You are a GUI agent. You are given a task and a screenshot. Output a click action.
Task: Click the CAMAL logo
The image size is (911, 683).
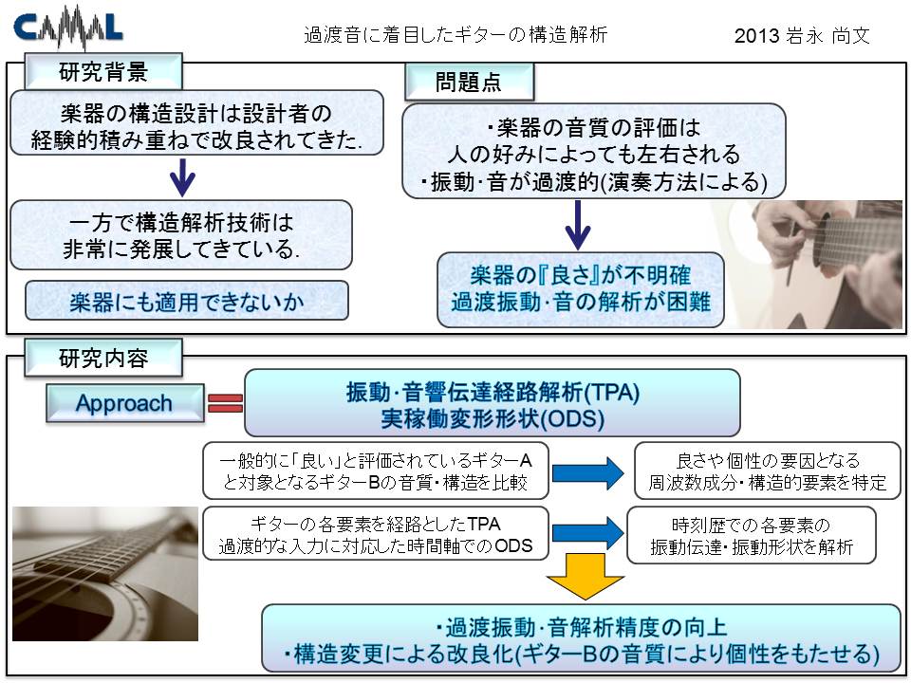coord(68,27)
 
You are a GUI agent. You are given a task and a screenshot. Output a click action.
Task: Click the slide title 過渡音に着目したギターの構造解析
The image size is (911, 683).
coord(455,35)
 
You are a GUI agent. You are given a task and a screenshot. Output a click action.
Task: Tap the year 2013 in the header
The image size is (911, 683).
coord(756,36)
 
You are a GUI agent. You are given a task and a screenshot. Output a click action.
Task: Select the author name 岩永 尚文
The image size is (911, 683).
coord(827,36)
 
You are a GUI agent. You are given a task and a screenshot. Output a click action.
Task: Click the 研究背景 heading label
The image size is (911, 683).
coord(103,72)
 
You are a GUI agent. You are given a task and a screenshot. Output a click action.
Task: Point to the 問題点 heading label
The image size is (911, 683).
coord(468,82)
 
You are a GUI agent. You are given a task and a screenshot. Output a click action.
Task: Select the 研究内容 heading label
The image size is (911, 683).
coord(103,358)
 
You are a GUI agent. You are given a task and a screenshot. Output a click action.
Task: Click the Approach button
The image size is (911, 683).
coord(125,403)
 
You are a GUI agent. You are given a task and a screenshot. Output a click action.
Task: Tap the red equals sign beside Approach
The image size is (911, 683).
coord(225,403)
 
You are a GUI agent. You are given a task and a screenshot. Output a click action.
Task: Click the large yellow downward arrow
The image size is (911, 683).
coord(586,577)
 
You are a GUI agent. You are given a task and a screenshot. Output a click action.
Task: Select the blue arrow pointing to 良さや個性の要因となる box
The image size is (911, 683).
coord(588,472)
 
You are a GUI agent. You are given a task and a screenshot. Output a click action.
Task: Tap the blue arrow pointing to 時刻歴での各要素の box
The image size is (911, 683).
coord(588,532)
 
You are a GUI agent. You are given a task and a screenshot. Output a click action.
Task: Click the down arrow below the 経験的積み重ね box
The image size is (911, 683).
coord(182,177)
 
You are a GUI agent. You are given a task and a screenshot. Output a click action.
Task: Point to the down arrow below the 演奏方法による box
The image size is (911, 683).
coord(578,226)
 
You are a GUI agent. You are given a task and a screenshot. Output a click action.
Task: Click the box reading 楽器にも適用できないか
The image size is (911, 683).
coord(187,301)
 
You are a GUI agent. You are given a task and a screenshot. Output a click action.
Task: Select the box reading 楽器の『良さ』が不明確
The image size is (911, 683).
coord(581,289)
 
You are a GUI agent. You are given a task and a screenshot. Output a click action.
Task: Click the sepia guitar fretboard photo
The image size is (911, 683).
coord(105,574)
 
